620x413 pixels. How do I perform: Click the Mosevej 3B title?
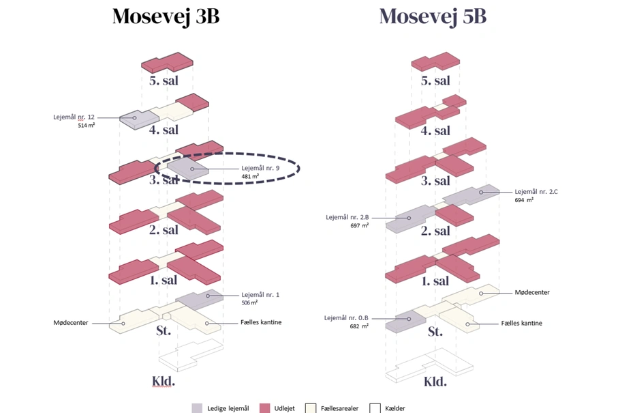click(x=166, y=16)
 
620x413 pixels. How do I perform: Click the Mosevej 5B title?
click(x=433, y=16)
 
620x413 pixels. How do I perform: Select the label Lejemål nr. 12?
click(x=74, y=117)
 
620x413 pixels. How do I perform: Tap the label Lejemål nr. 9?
click(x=260, y=168)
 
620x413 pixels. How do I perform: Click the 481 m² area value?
click(x=250, y=176)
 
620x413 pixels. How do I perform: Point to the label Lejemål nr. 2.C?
click(x=536, y=192)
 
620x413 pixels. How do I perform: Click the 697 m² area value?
click(x=359, y=225)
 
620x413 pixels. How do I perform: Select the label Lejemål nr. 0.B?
click(x=346, y=317)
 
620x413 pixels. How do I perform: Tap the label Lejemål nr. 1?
click(x=260, y=294)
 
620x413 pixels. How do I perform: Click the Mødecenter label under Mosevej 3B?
click(x=71, y=322)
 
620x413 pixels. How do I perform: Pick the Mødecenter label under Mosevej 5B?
click(x=531, y=292)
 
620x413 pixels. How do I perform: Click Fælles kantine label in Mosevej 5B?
click(x=522, y=323)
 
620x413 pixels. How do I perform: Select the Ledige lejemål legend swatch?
click(x=196, y=408)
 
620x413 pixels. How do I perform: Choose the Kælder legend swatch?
click(x=375, y=408)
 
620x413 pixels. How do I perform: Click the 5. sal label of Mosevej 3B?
click(x=164, y=81)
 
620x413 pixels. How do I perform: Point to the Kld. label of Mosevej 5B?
click(x=435, y=381)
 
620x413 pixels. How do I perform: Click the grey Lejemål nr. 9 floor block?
click(x=188, y=169)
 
